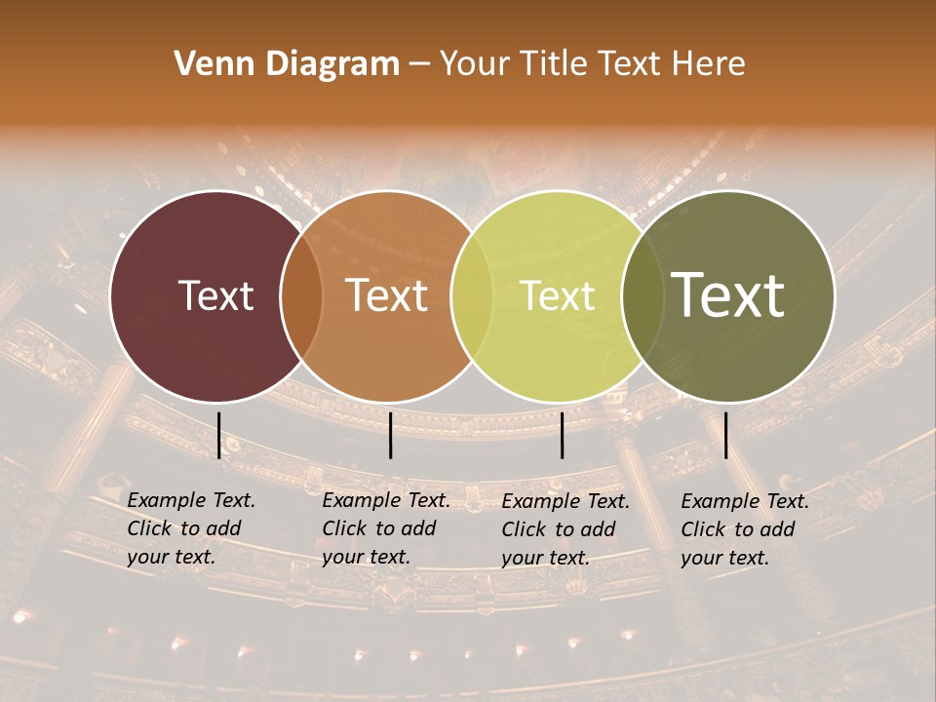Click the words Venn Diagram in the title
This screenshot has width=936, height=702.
[x=287, y=64]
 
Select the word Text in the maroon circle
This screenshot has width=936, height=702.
[x=216, y=296]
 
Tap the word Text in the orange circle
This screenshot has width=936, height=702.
[x=387, y=296]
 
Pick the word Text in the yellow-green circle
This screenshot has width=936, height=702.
[x=558, y=296]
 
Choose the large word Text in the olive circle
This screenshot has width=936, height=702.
[x=728, y=294]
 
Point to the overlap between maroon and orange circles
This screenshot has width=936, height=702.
[x=302, y=296]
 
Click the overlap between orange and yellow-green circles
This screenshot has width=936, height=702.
[x=472, y=296]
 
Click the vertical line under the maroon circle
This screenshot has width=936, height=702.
[x=218, y=435]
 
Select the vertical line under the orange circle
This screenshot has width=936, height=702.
[x=390, y=435]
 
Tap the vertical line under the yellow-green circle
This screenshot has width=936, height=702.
[x=563, y=435]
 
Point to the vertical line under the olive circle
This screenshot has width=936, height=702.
[x=725, y=435]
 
